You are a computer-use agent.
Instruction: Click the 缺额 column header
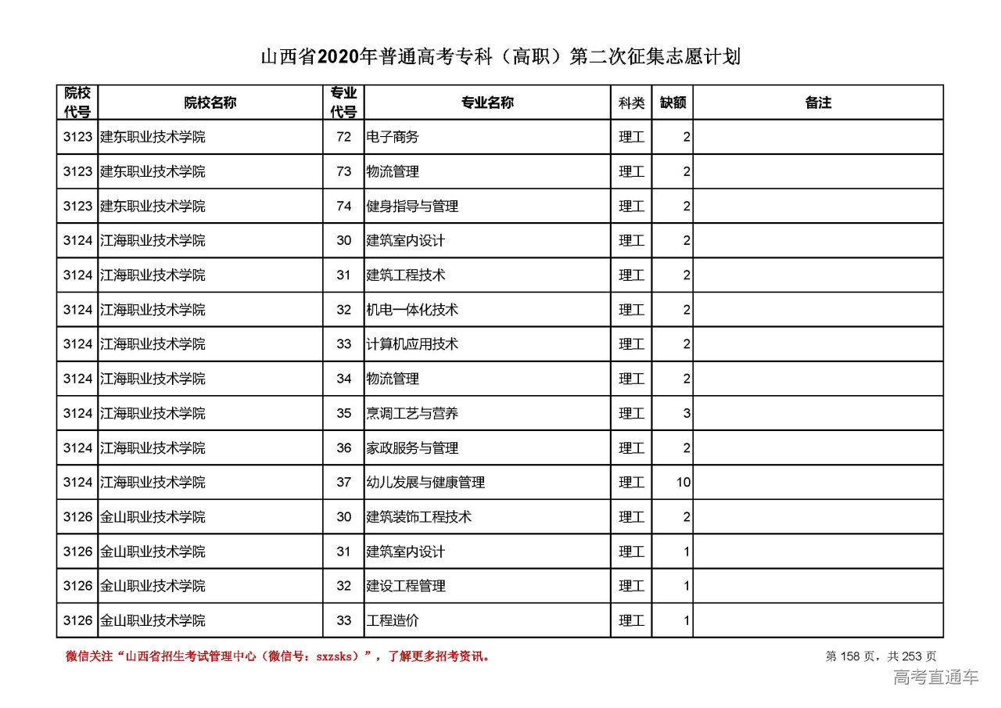tap(673, 102)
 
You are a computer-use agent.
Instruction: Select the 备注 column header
tap(818, 102)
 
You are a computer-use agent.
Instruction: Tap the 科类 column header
tap(631, 102)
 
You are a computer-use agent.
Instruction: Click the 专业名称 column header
tap(487, 102)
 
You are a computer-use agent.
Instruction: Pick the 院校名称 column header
tap(210, 102)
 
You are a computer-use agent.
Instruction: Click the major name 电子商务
tap(393, 137)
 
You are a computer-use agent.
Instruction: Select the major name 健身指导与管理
tap(412, 207)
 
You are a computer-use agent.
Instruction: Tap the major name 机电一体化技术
tap(412, 310)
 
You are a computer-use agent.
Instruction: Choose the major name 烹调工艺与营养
tap(412, 413)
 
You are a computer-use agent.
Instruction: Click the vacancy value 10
tap(683, 483)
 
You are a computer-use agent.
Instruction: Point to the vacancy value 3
tap(687, 413)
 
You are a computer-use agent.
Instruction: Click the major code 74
tap(344, 207)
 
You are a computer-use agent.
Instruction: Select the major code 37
tap(344, 483)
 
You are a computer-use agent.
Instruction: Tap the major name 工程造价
tap(393, 620)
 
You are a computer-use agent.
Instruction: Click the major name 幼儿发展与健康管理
tap(425, 483)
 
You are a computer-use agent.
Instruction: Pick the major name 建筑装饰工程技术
tap(419, 517)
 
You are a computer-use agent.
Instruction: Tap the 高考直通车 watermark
tap(936, 677)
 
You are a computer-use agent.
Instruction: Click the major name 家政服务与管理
tap(412, 448)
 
